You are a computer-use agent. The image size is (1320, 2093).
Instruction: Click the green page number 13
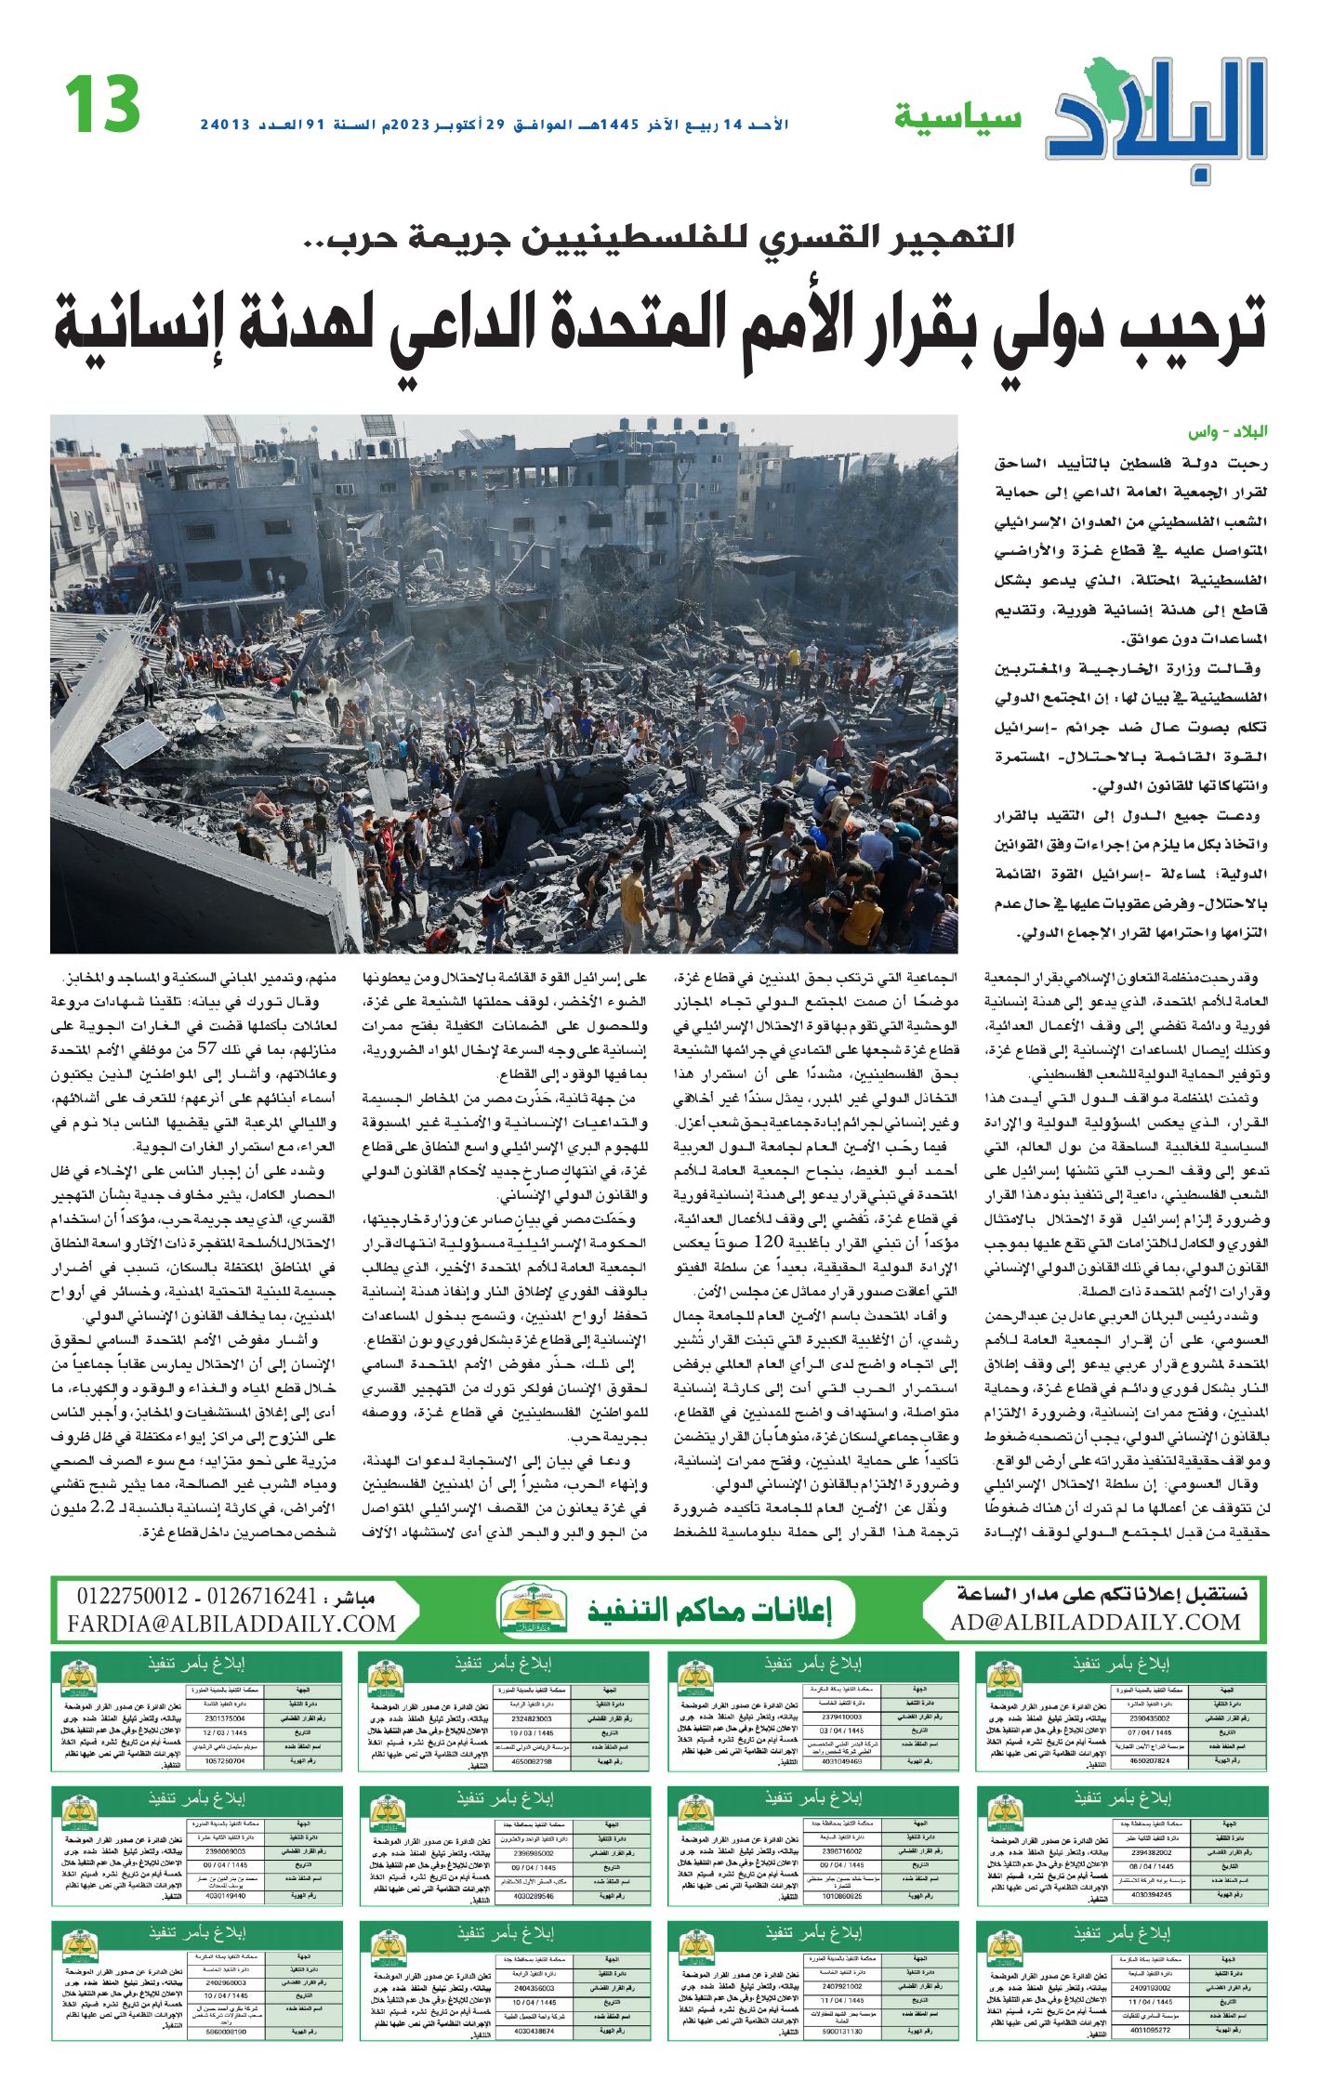(x=102, y=105)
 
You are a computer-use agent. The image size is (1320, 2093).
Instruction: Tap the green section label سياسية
(x=957, y=118)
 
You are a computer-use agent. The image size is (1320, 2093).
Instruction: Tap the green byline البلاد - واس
(x=1227, y=432)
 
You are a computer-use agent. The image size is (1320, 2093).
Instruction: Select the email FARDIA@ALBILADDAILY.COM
(x=231, y=1624)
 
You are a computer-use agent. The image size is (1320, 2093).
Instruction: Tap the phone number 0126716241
(x=262, y=1597)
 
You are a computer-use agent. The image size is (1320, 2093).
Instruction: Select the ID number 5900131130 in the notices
(x=841, y=2032)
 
